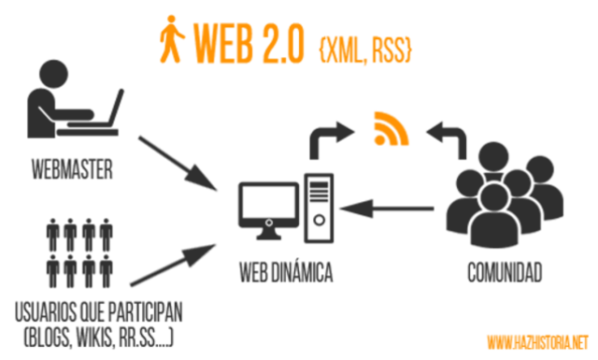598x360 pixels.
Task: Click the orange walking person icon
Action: [169, 39]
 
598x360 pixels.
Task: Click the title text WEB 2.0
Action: [248, 41]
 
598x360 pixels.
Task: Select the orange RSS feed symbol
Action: [391, 128]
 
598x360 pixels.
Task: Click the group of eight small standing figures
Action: [79, 252]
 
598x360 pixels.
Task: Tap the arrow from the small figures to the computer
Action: [172, 264]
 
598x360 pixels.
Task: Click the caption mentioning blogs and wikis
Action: [99, 320]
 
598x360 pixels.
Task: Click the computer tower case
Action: [318, 201]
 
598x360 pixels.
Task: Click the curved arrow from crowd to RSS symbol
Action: [448, 136]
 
